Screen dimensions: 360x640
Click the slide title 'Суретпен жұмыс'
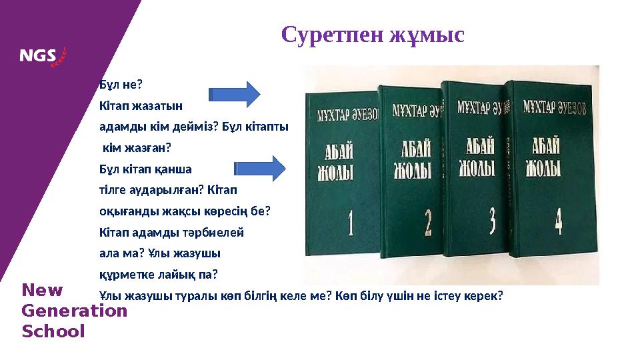(x=373, y=34)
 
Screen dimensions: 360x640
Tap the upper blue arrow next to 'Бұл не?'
(x=233, y=94)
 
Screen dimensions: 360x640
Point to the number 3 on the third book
(x=492, y=220)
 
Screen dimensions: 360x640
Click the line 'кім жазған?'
(x=137, y=148)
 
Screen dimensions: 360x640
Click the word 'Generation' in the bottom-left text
(x=74, y=311)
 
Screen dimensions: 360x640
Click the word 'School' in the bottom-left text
(x=53, y=331)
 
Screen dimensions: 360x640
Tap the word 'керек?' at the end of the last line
(x=484, y=295)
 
